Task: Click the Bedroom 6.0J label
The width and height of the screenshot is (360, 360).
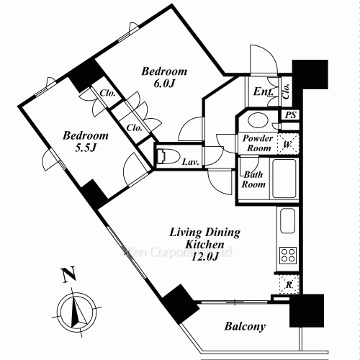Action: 164,77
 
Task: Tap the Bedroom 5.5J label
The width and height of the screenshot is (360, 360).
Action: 84,141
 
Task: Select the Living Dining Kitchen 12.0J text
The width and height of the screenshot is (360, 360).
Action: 204,244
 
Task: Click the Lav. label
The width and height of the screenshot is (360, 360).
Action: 191,162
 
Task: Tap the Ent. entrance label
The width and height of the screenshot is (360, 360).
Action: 262,92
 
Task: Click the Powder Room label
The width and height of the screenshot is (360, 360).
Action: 256,143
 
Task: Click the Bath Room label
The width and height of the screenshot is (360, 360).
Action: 253,179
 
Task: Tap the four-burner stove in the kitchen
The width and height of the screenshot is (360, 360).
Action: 288,254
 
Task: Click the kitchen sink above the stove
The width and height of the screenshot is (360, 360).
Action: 286,222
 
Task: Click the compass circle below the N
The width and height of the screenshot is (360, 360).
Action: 75,309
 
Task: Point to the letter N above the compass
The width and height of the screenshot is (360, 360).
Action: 67,274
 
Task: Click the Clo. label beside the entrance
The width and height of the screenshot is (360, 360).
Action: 286,90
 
